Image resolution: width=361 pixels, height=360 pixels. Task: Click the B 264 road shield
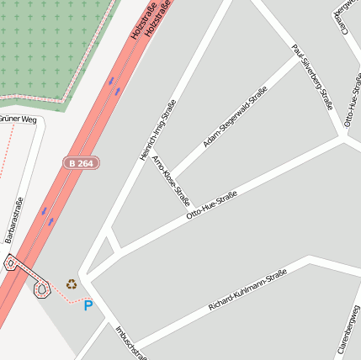pyautogui.click(x=81, y=162)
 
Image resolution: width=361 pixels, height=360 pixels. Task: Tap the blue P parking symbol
pyautogui.click(x=88, y=305)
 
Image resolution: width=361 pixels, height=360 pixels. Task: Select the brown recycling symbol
pyautogui.click(x=71, y=284)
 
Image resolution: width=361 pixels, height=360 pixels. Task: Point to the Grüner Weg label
pyautogui.click(x=19, y=119)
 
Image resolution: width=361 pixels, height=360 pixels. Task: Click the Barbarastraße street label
pyautogui.click(x=13, y=220)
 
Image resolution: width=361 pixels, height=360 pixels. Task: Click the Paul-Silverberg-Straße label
pyautogui.click(x=313, y=77)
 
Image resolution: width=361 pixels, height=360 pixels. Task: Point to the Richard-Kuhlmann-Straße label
pyautogui.click(x=247, y=290)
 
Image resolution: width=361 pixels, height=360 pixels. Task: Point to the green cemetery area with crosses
pyautogui.click(x=50, y=42)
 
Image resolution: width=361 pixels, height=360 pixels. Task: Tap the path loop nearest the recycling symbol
pyautogui.click(x=41, y=290)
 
